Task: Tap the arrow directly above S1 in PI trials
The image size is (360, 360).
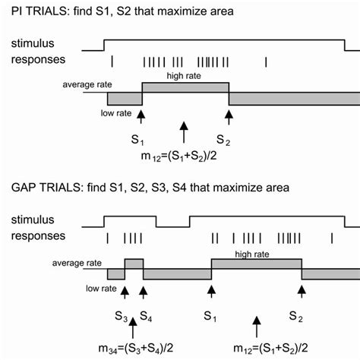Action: click(141, 115)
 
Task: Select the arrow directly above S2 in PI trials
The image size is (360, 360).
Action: click(229, 115)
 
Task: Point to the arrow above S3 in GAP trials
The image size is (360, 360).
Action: click(125, 291)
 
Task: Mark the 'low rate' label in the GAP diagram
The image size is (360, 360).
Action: click(101, 289)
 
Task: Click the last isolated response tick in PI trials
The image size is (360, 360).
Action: click(266, 62)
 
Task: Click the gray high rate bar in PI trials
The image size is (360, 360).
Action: click(185, 88)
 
